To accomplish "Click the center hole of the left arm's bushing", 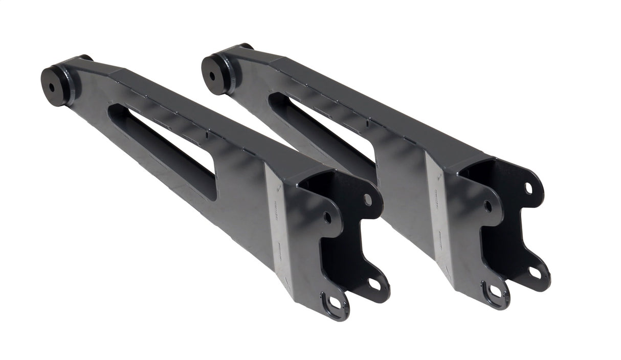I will pyautogui.click(x=52, y=86).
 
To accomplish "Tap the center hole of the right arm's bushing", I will pyautogui.click(x=212, y=76).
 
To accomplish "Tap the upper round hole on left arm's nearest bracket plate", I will pyautogui.click(x=327, y=218).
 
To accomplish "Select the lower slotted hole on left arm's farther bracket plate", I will pyautogui.click(x=374, y=283).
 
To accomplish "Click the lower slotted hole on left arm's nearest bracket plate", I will pyautogui.click(x=335, y=303).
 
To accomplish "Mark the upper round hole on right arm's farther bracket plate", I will pyautogui.click(x=528, y=189).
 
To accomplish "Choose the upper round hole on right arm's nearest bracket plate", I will pyautogui.click(x=487, y=207).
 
